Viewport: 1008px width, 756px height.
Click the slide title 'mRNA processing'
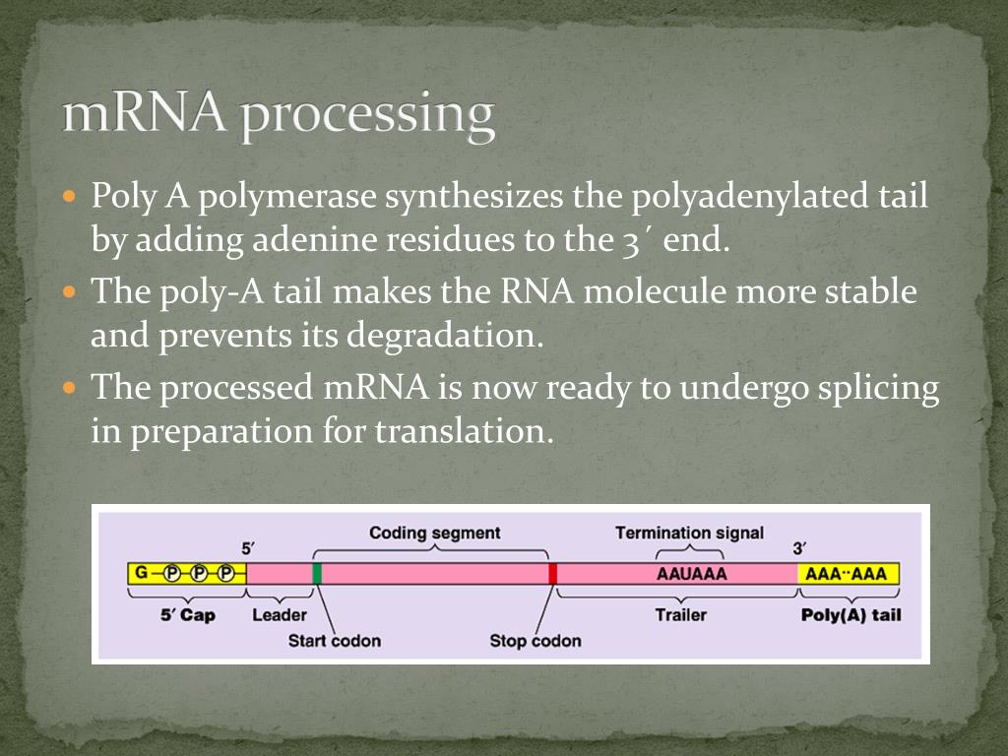point(279,116)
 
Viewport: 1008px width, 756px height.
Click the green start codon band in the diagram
point(317,574)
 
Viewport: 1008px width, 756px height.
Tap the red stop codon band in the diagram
point(553,574)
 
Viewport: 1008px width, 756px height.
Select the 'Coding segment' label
point(434,534)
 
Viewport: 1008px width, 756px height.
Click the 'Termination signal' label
point(689,534)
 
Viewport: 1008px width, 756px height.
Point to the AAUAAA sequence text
point(690,574)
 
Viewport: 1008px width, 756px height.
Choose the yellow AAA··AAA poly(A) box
point(847,574)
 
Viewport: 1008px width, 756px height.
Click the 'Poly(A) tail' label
point(851,615)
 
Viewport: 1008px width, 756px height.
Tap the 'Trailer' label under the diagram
point(681,615)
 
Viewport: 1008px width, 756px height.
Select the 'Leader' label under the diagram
point(280,615)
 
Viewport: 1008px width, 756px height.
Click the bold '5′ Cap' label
point(187,615)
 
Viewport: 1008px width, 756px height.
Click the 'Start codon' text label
point(334,641)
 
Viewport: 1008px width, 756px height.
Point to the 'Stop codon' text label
point(535,641)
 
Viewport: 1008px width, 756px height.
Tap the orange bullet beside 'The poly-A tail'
point(69,292)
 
